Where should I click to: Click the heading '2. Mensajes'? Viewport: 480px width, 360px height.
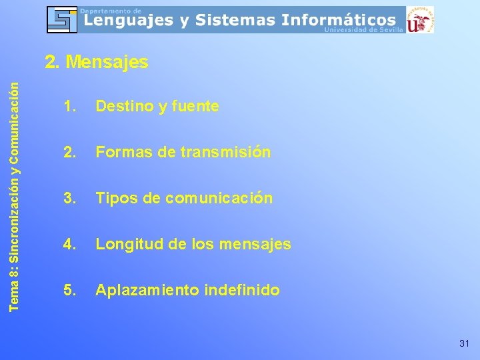pos(96,63)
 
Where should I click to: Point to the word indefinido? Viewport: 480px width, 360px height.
pos(243,290)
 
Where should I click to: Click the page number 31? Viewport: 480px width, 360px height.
pos(464,343)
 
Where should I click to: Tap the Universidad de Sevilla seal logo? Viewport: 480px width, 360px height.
pos(420,20)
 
